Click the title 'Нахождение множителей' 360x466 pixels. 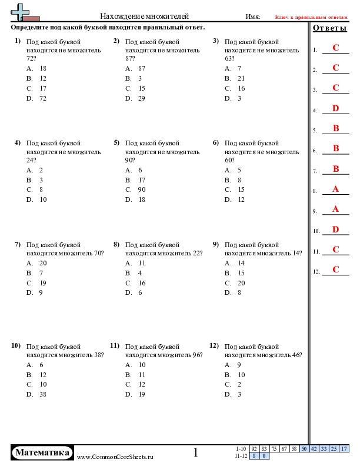coord(144,16)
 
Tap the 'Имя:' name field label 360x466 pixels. coord(253,17)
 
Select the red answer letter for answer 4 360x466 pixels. coord(335,108)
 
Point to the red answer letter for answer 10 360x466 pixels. coord(335,229)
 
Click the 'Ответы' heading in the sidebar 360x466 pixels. coord(329,28)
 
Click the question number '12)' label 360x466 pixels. coord(214,345)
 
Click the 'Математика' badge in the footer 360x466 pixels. coord(43,452)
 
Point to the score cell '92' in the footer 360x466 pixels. coord(255,449)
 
